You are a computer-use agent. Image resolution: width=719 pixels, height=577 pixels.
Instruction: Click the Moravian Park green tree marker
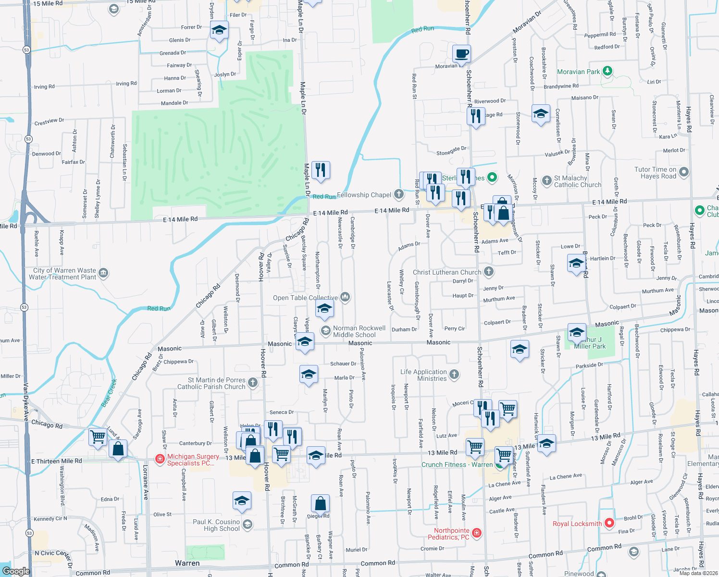pos(607,71)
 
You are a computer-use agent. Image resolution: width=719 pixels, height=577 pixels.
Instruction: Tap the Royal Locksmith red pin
pos(609,523)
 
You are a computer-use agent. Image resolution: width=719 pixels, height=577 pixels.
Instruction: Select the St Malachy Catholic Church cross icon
pos(546,181)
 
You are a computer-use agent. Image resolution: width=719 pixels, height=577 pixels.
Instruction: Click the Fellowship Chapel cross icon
pos(398,194)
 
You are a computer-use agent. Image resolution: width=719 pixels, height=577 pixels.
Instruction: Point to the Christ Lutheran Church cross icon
pos(488,272)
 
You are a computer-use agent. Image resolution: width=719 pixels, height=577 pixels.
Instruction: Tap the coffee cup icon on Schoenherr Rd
pos(461,53)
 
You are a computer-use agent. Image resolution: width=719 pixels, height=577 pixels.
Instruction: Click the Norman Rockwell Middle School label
pos(359,331)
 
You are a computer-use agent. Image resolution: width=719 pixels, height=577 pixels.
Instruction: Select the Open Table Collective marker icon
pos(345,297)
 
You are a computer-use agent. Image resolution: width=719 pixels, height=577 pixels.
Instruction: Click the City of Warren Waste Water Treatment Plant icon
pos(103,274)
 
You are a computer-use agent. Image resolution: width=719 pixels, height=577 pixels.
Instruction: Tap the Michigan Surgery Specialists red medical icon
pos(160,459)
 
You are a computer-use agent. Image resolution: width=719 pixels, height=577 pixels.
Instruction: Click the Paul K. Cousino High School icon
pos(248,524)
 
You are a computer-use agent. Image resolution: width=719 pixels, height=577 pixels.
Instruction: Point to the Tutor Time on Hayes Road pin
pos(684,172)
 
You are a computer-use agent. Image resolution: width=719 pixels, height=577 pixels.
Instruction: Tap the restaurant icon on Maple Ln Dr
pos(321,170)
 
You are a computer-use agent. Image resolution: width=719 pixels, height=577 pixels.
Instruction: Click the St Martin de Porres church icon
pos(253,383)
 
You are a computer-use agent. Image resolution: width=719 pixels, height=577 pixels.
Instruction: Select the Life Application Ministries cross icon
pos(454,374)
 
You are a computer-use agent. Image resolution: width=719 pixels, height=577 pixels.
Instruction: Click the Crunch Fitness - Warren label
pos(457,464)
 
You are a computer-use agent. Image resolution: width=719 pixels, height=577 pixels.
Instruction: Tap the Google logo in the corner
pos(16,571)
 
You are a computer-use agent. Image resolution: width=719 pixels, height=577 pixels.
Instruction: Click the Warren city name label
pos(187,563)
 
